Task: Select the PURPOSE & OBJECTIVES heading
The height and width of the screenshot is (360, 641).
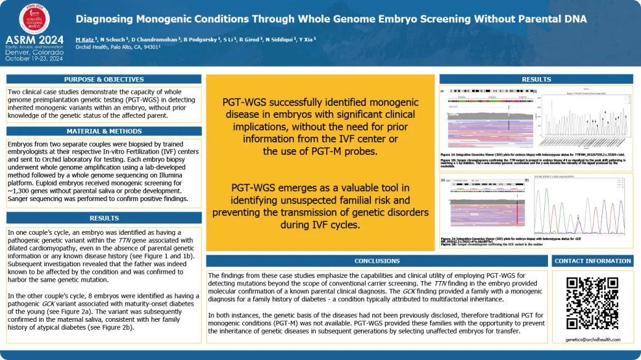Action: click(x=104, y=79)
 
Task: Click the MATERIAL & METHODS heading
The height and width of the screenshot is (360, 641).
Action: click(x=104, y=131)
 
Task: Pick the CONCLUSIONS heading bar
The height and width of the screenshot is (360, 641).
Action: click(x=377, y=261)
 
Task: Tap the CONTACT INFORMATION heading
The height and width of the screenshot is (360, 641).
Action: click(x=592, y=261)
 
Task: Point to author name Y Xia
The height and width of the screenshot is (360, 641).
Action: click(x=306, y=38)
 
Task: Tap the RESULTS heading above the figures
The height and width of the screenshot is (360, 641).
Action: click(x=536, y=79)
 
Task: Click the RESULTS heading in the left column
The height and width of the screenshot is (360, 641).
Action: click(x=104, y=218)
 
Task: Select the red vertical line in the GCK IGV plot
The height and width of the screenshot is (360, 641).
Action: click(x=515, y=207)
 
